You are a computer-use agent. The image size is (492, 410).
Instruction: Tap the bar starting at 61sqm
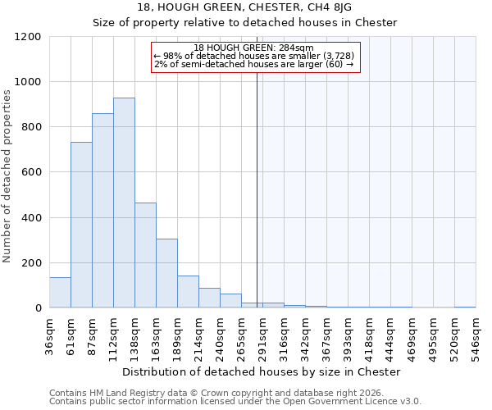81,225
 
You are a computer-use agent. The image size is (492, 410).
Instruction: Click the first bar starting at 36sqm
60,292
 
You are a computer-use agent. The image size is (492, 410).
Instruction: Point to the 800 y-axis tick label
31,127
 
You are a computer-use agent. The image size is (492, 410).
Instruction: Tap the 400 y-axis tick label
31,218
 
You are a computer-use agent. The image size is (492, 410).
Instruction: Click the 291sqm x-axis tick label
262,334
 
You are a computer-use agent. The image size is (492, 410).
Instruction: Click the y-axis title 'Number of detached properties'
8,176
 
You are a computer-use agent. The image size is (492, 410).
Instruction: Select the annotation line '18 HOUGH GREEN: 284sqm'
253,48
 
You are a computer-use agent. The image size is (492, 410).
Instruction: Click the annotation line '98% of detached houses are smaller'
253,56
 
